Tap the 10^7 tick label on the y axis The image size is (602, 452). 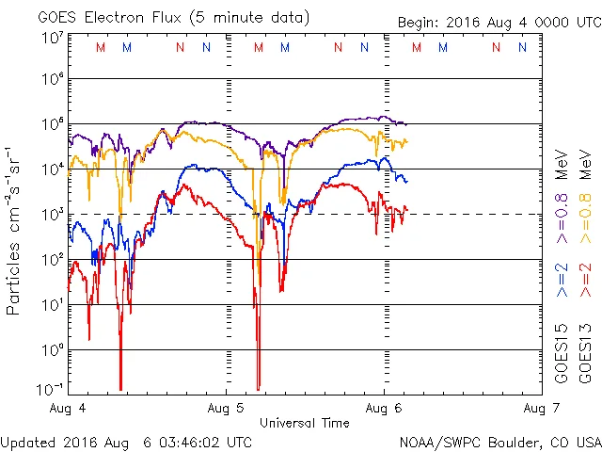point(53,39)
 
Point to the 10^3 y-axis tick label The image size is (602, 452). point(53,214)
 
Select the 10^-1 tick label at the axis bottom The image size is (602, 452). point(53,389)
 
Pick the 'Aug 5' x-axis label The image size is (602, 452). point(227,409)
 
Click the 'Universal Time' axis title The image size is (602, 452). point(305,423)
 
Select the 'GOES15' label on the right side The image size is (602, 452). point(562,353)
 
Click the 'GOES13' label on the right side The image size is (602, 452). point(586,353)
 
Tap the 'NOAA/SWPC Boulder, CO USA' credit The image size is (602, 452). point(499,441)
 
